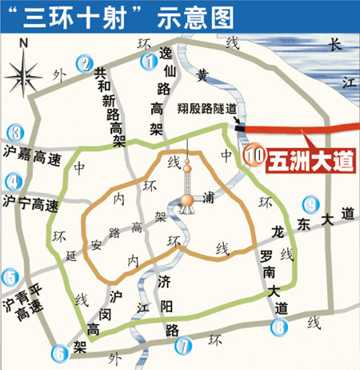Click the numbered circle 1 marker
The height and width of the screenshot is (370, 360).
[x=146, y=61]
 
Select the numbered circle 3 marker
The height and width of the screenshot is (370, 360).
[x=14, y=132]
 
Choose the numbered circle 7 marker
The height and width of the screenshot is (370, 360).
[x=184, y=347]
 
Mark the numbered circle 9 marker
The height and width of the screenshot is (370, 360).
[x=311, y=204]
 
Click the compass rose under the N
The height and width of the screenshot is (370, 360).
[x=24, y=75]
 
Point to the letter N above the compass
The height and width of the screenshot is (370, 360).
[x=23, y=42]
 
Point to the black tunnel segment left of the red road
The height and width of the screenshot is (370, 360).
[x=240, y=126]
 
